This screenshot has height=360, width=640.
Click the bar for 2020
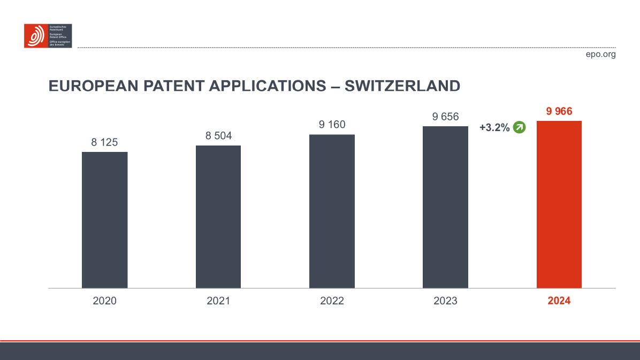104,220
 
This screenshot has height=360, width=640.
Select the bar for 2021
218,217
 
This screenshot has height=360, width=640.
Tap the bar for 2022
332,211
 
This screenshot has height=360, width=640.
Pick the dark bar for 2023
445,207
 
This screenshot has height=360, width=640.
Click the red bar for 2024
559,204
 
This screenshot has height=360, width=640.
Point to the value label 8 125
104,142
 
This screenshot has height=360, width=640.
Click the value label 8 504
218,136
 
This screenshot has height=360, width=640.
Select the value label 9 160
332,125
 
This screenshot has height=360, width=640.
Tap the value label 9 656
445,117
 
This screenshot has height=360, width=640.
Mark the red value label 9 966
559,112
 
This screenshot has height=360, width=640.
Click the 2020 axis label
104,301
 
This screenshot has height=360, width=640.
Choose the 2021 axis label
218,301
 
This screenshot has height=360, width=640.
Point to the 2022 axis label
332,301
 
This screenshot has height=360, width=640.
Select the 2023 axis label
445,301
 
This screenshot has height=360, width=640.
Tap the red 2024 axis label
559,301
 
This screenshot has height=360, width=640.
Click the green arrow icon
519,128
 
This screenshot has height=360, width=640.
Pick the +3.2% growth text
494,128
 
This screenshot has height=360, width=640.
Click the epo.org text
601,54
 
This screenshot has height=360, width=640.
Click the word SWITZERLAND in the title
402,86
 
